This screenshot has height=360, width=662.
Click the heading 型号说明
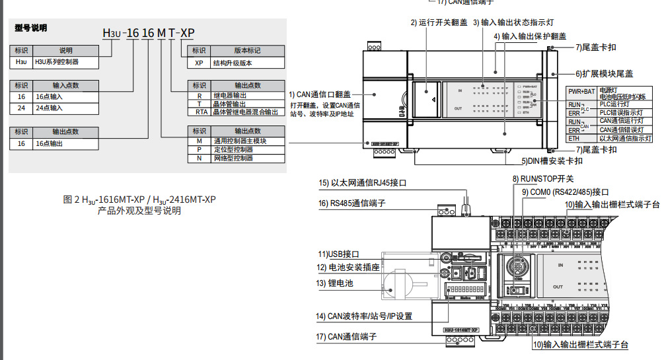[x=31, y=28]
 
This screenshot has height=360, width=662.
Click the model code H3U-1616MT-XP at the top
[x=149, y=32]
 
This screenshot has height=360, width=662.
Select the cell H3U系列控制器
[x=56, y=62]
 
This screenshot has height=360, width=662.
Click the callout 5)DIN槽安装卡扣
[x=552, y=161]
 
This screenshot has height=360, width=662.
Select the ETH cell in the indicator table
[x=574, y=139]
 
